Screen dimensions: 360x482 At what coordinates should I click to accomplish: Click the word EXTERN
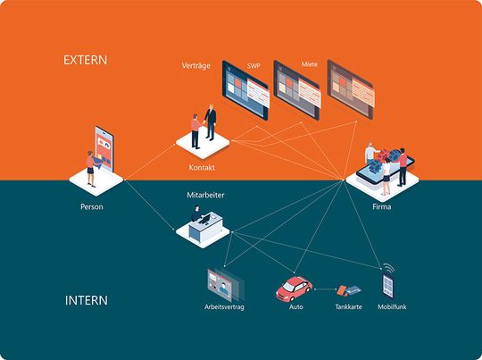pos(85,61)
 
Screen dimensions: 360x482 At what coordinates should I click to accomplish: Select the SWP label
pos(254,66)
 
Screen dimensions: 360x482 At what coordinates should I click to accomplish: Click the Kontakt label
pos(202,167)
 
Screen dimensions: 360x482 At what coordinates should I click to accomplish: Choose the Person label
pos(91,207)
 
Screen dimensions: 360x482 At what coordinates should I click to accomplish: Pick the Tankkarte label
pos(348,307)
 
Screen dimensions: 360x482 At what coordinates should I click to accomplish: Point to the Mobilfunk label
pos(388,307)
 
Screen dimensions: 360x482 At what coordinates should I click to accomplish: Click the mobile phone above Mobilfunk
pos(387,284)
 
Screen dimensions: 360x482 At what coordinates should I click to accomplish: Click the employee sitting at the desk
pos(196,214)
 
